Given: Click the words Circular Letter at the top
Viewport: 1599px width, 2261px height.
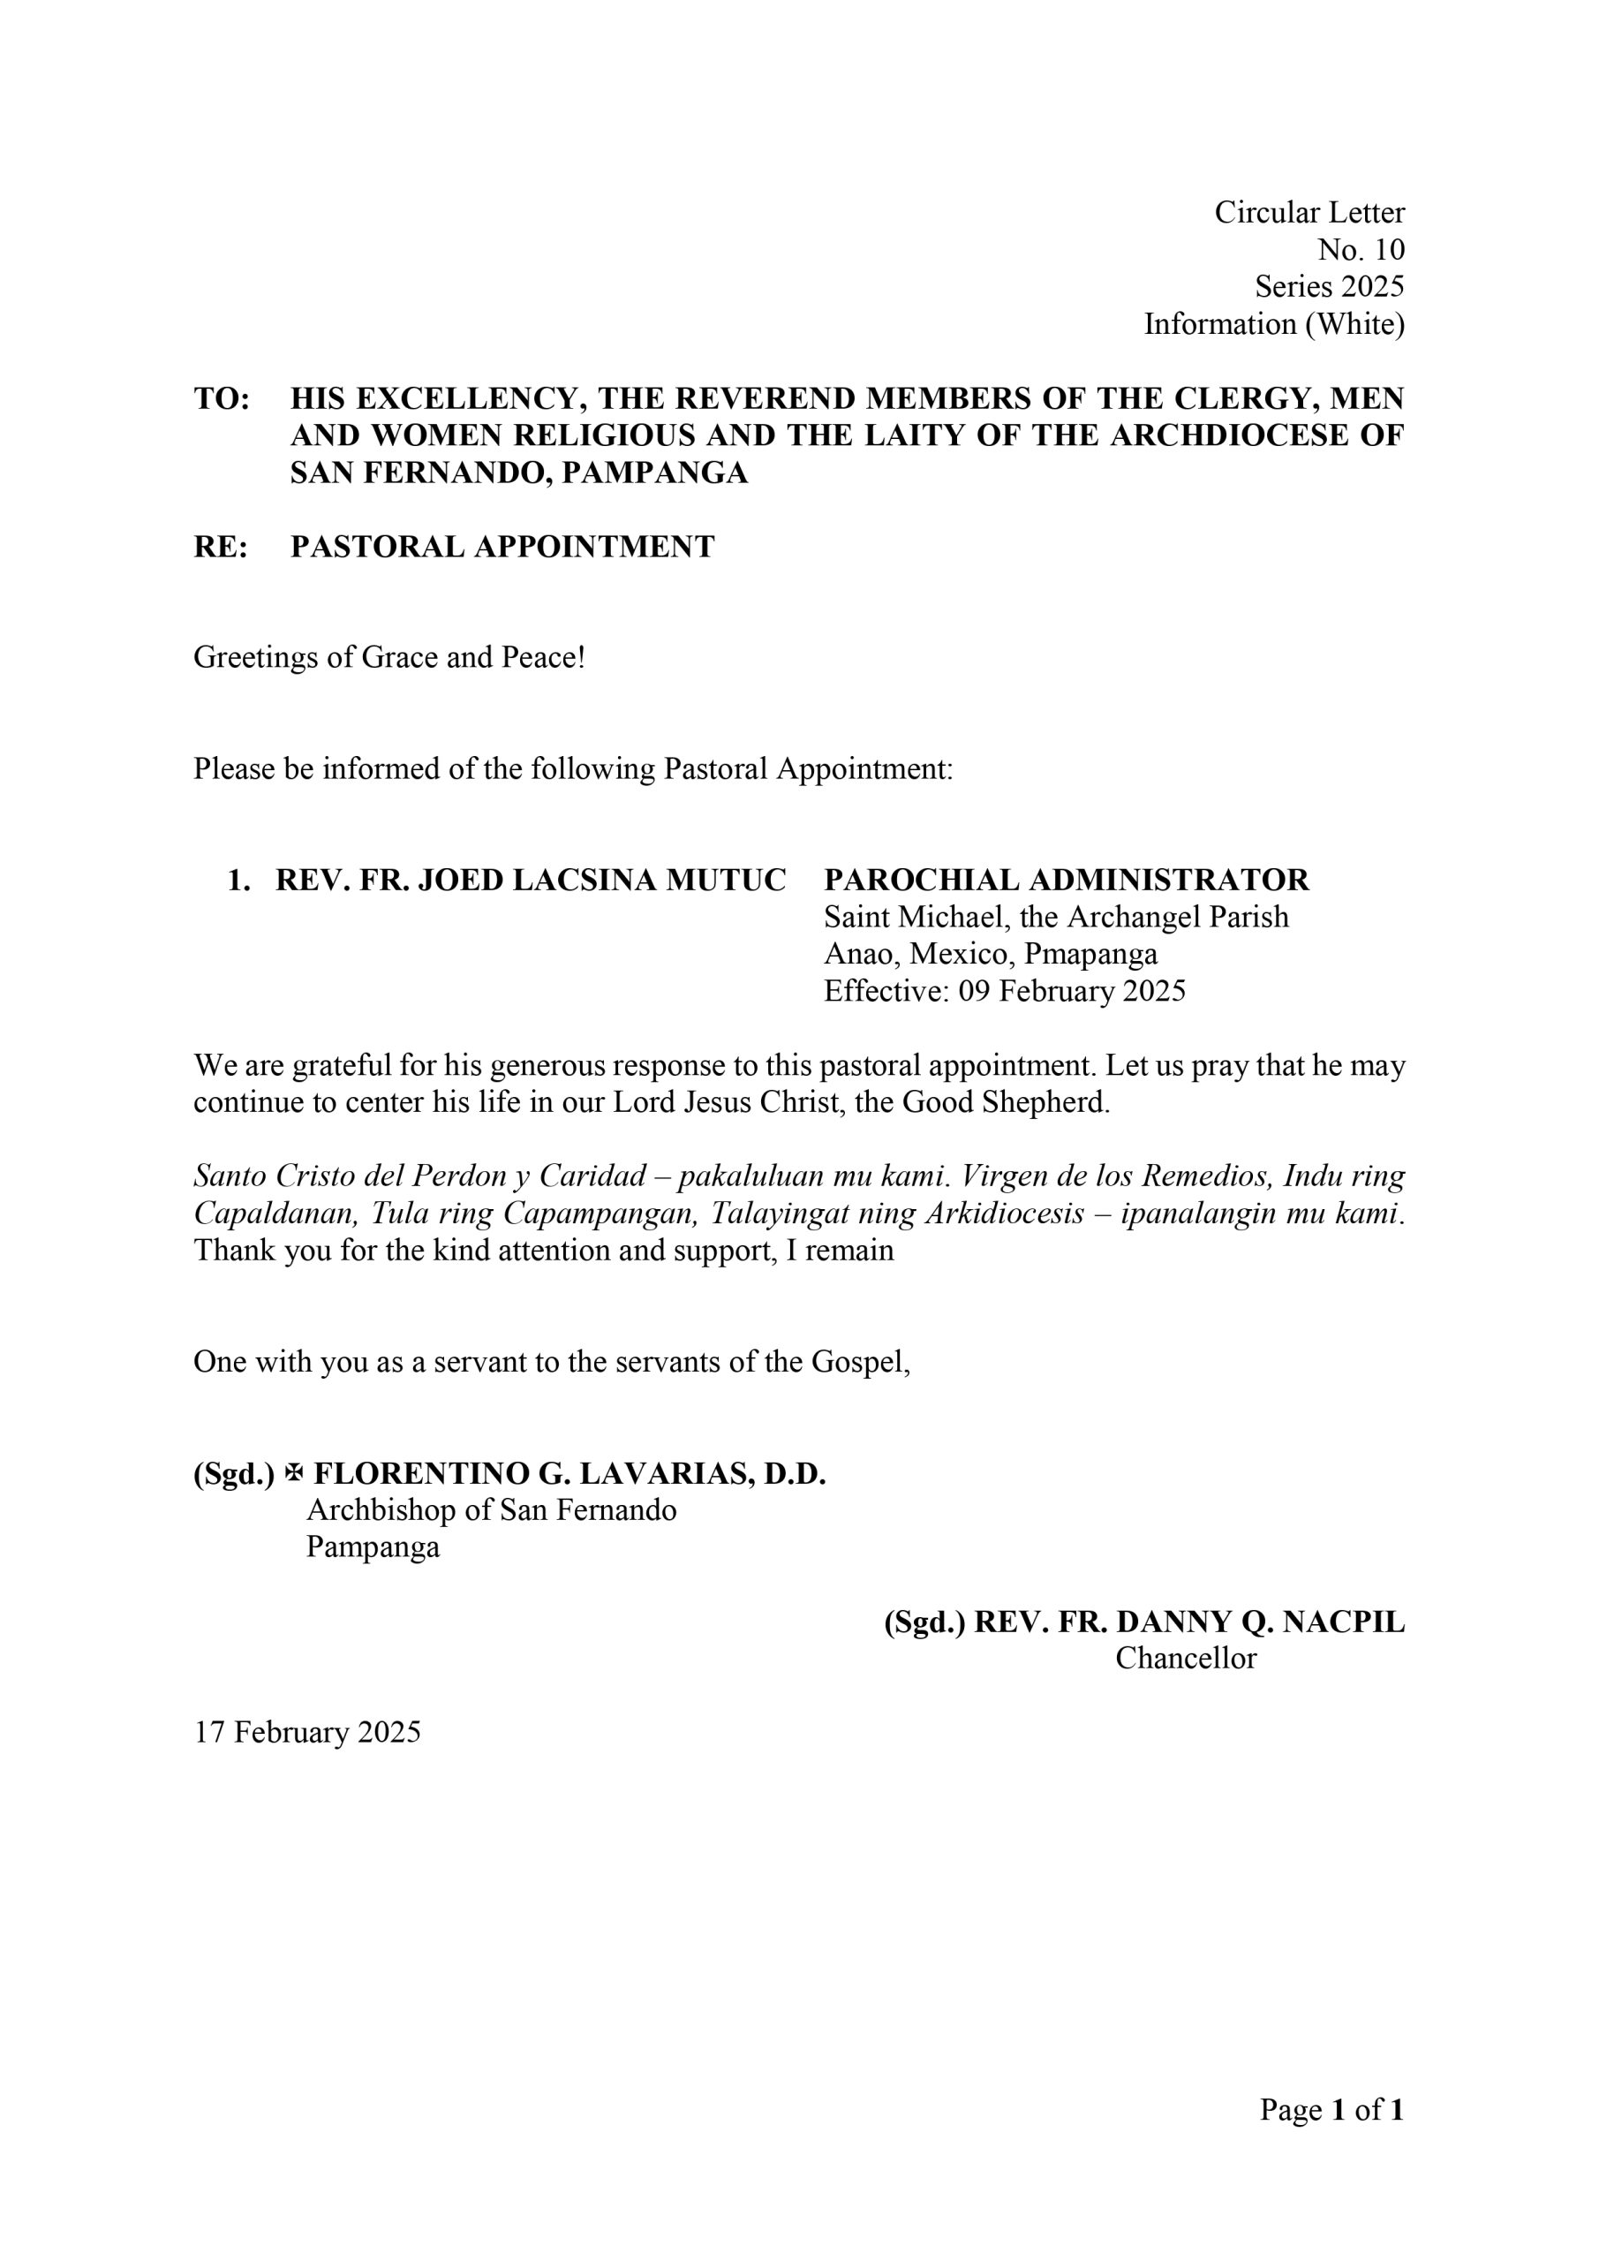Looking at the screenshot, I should tap(1309, 213).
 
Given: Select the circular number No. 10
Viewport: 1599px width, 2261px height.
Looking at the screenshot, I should tap(1361, 250).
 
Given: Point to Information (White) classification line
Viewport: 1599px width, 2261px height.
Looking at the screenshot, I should tap(1274, 324).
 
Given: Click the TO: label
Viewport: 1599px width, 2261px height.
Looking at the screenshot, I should tap(222, 399).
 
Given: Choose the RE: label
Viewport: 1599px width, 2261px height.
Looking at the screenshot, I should tap(220, 547).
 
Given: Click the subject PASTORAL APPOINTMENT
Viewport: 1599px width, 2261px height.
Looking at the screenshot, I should tap(502, 547).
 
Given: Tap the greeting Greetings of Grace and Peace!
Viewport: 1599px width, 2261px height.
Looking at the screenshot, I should tap(388, 657).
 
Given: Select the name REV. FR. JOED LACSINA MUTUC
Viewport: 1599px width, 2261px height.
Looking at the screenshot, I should tap(531, 880).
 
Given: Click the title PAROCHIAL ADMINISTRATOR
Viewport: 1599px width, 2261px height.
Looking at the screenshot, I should tap(1067, 880).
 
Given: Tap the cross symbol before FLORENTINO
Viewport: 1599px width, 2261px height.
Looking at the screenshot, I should tap(293, 1473).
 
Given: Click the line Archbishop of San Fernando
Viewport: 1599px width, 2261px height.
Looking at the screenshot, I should tap(491, 1510).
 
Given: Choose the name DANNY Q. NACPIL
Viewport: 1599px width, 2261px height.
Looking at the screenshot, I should tap(1260, 1622).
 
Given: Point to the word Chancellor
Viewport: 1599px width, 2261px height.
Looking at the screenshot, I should tap(1186, 1659).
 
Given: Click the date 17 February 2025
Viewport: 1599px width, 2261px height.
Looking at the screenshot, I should tap(307, 1732).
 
